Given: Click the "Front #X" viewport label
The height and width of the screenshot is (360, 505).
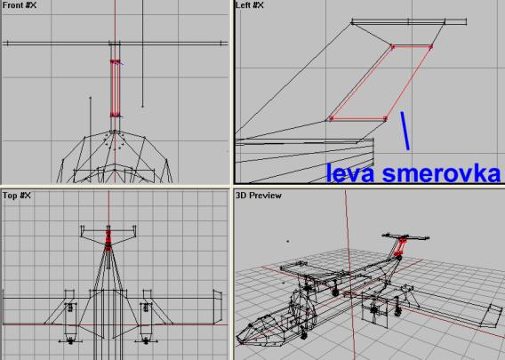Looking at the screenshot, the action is click(x=20, y=5).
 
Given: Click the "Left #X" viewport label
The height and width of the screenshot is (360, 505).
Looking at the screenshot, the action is click(x=250, y=5).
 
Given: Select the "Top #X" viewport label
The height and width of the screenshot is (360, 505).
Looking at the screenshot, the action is click(x=17, y=196).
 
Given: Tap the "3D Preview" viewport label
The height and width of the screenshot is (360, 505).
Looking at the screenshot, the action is click(x=259, y=196).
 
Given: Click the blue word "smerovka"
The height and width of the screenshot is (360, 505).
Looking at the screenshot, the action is click(x=441, y=173).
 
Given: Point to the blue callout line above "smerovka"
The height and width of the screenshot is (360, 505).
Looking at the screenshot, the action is click(x=405, y=131).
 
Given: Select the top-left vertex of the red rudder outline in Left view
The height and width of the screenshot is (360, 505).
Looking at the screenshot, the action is click(x=392, y=47).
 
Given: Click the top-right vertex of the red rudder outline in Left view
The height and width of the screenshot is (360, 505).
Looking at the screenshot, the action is click(x=431, y=47).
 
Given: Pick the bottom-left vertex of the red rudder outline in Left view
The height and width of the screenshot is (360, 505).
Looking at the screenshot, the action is click(x=330, y=119).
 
